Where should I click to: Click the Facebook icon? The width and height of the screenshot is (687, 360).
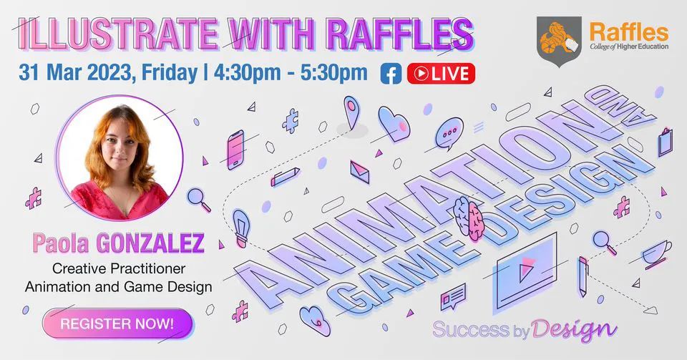391,74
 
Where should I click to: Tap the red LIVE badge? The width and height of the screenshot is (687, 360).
441,74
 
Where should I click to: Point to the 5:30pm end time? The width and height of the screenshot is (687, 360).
334,72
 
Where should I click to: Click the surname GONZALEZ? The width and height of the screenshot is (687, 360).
150,243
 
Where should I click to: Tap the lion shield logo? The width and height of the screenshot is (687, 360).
559,42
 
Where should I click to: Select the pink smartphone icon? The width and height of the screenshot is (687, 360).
235,150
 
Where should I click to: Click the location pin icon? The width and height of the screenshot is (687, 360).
351,112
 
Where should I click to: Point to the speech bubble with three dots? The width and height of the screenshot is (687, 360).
449,133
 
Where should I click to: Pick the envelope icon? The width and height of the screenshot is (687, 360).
360,172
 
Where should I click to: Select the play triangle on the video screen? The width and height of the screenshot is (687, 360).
526,269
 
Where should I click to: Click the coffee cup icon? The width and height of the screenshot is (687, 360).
656,253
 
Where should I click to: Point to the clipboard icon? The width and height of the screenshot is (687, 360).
665,142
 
